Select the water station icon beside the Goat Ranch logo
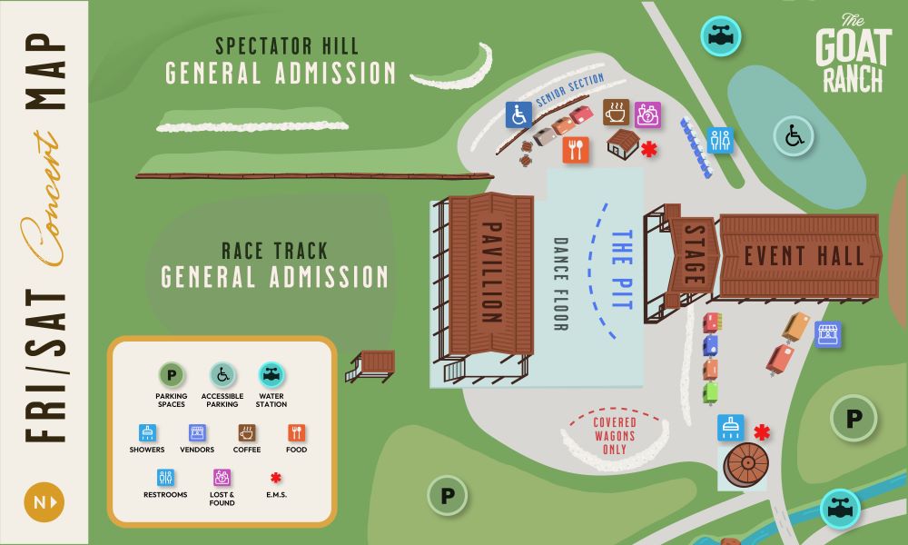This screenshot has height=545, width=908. [721, 36]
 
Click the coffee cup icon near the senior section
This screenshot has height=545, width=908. [617, 113]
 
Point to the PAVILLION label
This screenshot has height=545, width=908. [492, 272]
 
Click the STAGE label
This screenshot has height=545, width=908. [695, 257]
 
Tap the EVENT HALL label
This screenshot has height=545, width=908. [804, 256]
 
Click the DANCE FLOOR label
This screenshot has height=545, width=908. [559, 283]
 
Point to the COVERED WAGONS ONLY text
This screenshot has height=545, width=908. [615, 435]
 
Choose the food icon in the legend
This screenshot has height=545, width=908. [297, 432]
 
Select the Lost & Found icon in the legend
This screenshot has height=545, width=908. [222, 477]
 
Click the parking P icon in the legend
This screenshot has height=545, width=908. [171, 374]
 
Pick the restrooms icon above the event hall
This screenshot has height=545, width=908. [720, 140]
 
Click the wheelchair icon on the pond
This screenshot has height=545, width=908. [794, 138]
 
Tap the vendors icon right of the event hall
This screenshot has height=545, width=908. [827, 334]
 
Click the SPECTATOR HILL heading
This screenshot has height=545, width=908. [287, 46]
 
